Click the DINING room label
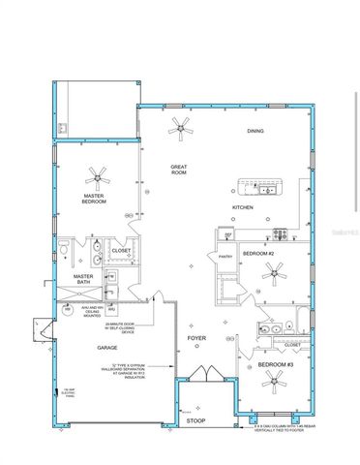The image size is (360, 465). tap(255, 130)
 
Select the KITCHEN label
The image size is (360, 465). tap(242, 207)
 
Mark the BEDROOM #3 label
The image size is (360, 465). tap(275, 363)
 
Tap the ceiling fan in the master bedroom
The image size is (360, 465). tap(96, 175)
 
